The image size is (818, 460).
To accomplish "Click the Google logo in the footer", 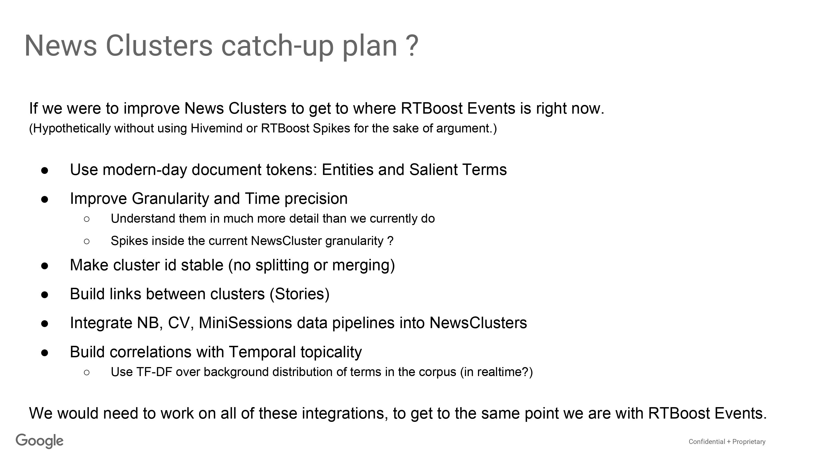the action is point(40,441).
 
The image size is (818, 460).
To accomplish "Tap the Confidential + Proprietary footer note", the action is point(727,441).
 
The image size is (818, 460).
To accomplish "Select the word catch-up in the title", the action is point(277,46).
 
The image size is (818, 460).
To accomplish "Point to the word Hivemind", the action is point(216,128).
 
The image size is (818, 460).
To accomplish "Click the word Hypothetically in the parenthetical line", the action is point(70,129).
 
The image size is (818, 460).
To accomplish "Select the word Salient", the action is point(433,170).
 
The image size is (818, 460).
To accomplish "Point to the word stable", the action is point(202,265).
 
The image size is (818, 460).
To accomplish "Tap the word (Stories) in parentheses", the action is point(300,294).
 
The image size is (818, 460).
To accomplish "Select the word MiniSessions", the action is point(245,323).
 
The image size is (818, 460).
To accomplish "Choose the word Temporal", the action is point(262,352).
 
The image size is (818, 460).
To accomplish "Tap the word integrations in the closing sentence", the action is point(345,414).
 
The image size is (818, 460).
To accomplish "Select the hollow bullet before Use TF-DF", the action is point(87,372).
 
